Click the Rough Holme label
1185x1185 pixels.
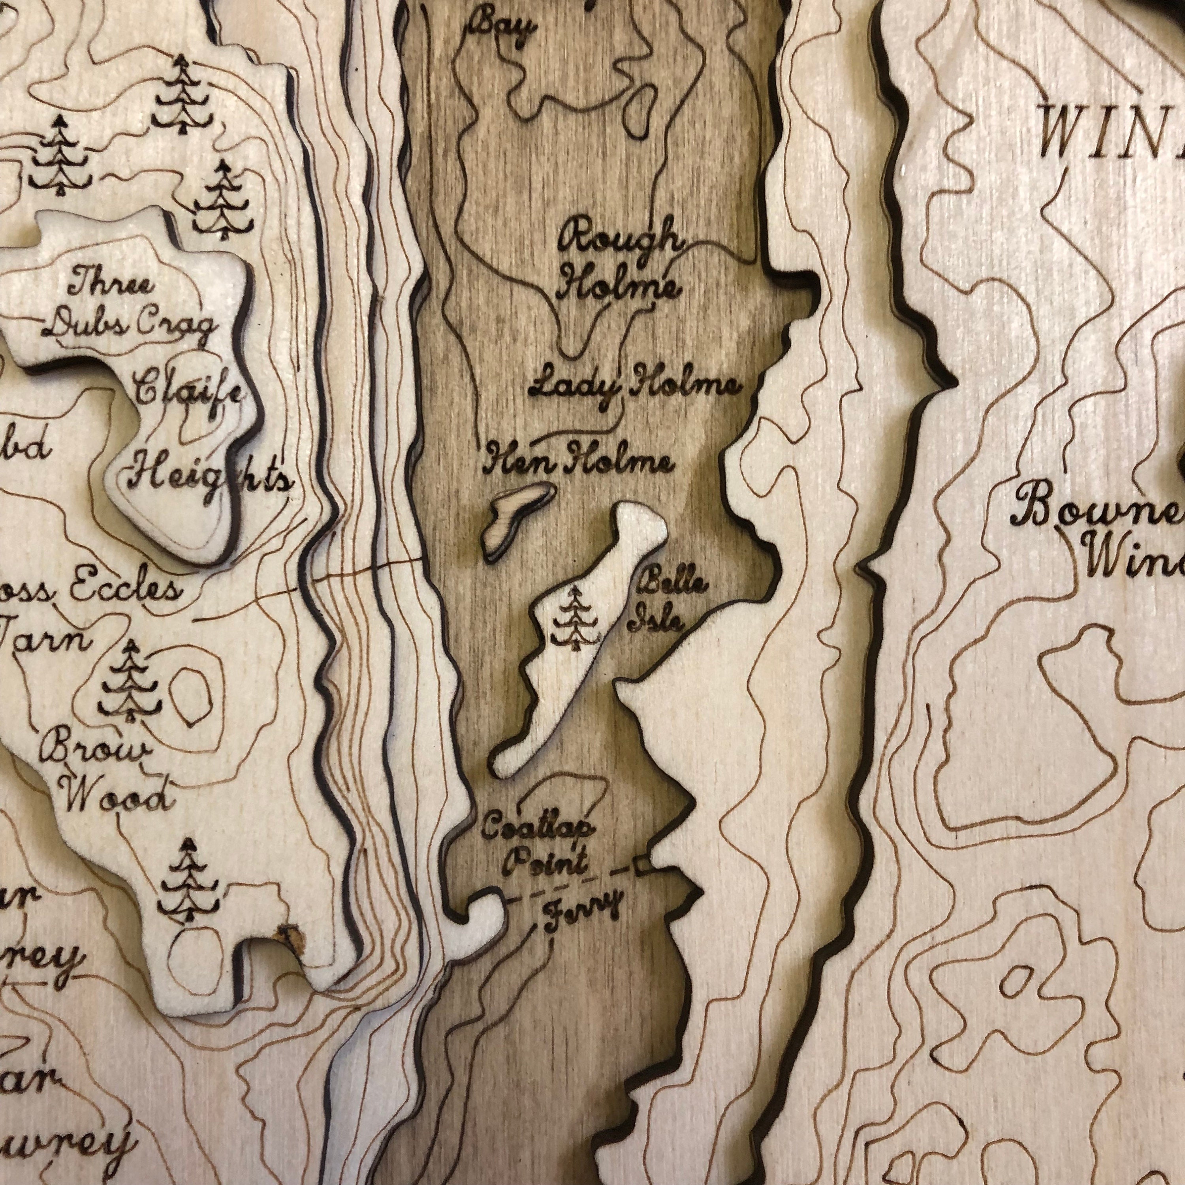pos(619,265)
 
